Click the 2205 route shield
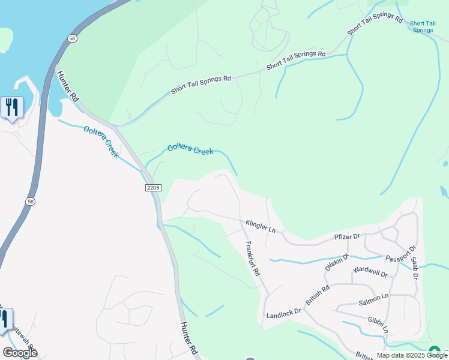153,188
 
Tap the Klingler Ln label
260,226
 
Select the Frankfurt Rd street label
253,259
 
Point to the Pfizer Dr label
346,237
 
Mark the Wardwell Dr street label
370,272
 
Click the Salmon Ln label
374,296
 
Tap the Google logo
20,353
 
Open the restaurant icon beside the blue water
12,108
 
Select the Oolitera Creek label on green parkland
190,149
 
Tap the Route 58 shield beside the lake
72,38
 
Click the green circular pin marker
435,351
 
